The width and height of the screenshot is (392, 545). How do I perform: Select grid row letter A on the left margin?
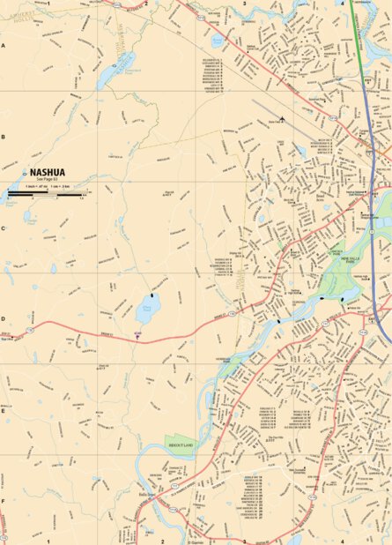pyautogui.click(x=4, y=44)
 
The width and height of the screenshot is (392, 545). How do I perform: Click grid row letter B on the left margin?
pyautogui.click(x=4, y=137)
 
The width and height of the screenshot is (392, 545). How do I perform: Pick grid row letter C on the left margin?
pyautogui.click(x=4, y=228)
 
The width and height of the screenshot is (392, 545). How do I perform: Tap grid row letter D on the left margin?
pyautogui.click(x=4, y=319)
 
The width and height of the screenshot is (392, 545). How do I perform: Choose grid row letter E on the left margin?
pyautogui.click(x=4, y=410)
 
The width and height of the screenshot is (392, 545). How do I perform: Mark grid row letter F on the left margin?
pyautogui.click(x=4, y=501)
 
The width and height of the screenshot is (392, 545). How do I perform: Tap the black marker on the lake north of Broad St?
pyautogui.click(x=152, y=295)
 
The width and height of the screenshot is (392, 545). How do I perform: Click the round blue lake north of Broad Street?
pyautogui.click(x=146, y=310)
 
